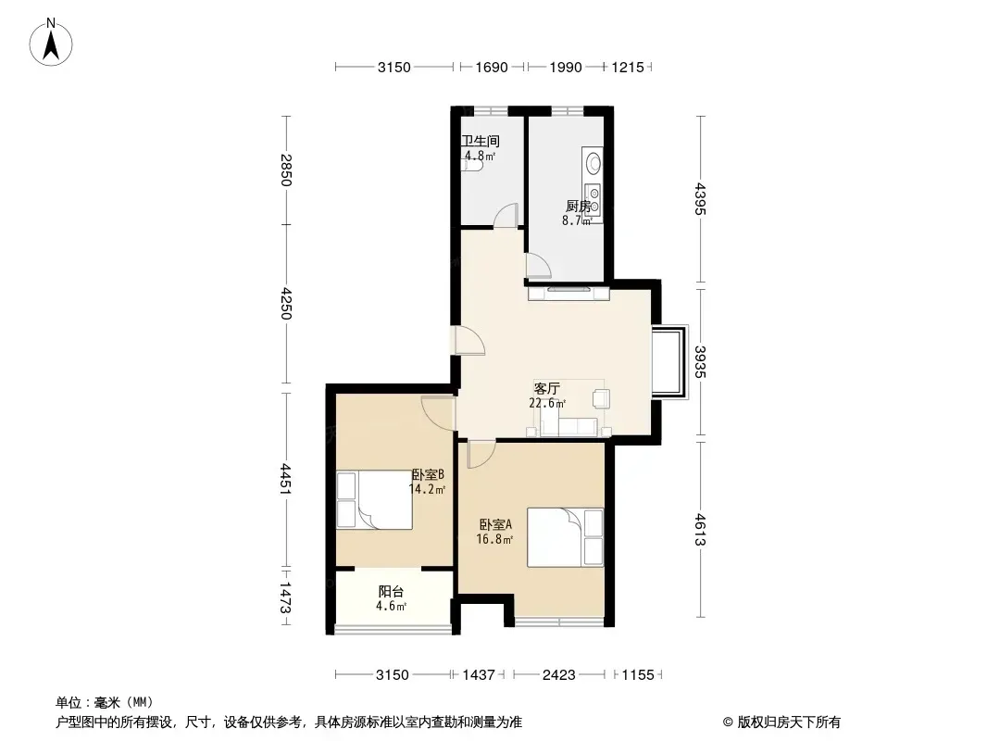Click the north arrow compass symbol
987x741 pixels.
[51, 43]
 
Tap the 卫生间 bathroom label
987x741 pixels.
[481, 141]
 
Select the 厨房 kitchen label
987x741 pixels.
[578, 206]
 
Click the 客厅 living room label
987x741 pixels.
[546, 388]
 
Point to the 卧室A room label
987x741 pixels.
[495, 524]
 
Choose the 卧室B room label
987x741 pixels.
[428, 474]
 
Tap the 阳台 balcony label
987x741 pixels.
[391, 592]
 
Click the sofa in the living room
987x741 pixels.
[569, 427]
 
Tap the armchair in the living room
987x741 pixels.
[601, 398]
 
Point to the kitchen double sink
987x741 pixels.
[593, 199]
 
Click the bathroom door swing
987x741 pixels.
[506, 215]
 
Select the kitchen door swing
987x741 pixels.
[539, 266]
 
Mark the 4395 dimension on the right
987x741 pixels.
[700, 199]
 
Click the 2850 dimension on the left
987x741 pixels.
[286, 170]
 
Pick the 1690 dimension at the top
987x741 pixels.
[492, 67]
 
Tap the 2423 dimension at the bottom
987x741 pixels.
[559, 675]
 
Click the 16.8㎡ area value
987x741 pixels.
[494, 539]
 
